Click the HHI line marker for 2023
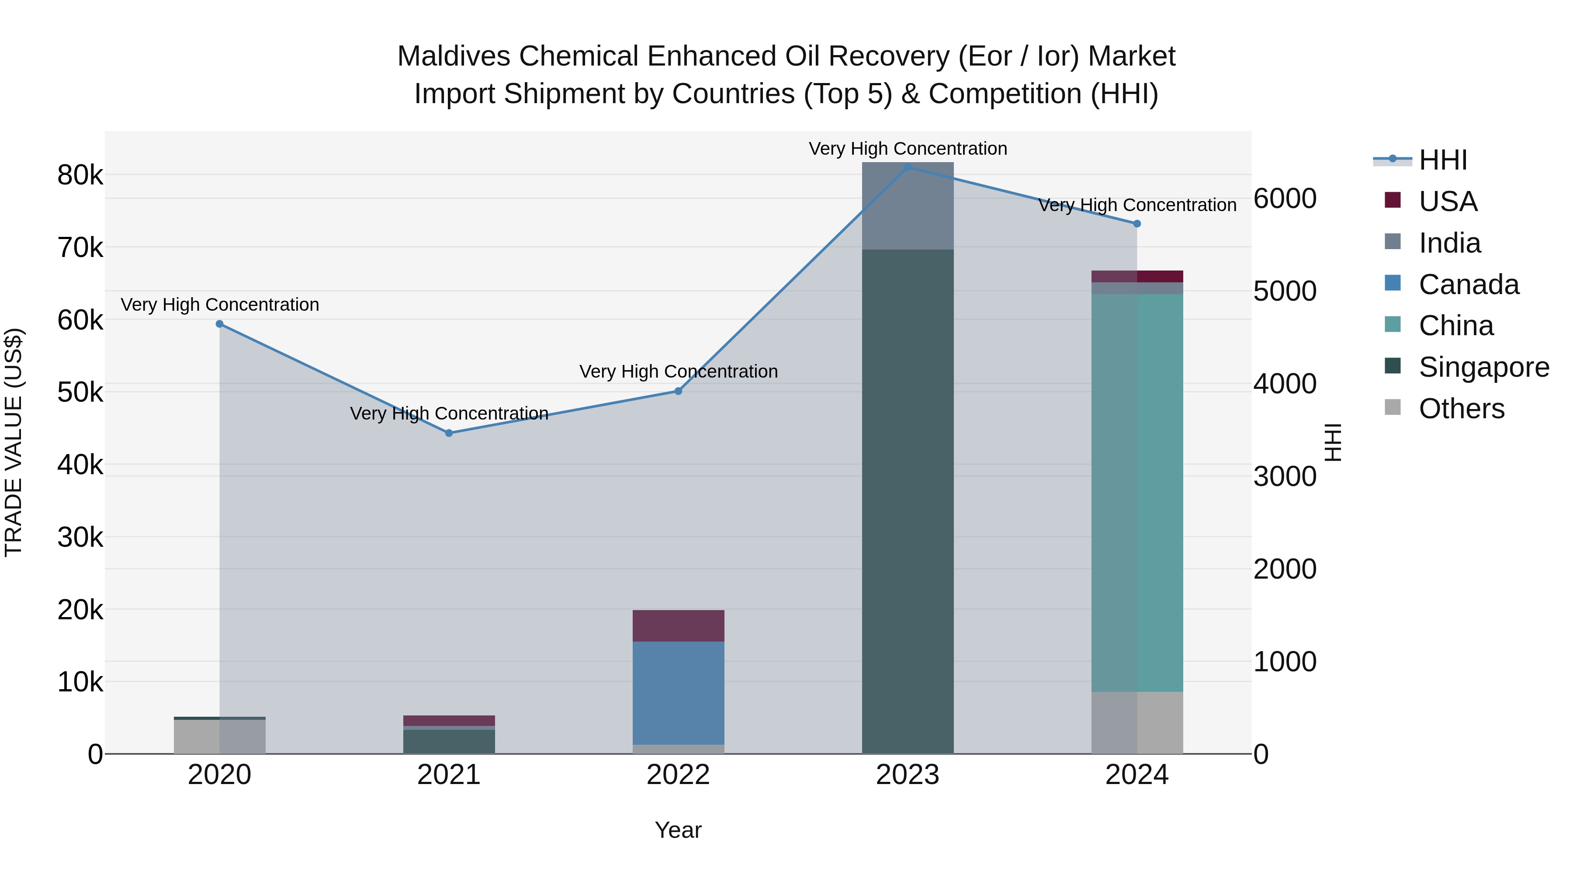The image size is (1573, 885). pyautogui.click(x=908, y=167)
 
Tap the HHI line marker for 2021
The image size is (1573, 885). pyautogui.click(x=449, y=433)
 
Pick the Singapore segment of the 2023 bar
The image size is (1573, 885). pyautogui.click(x=908, y=501)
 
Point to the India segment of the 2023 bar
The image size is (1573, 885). pyautogui.click(x=908, y=206)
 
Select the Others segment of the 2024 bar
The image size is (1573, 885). pyautogui.click(x=1137, y=722)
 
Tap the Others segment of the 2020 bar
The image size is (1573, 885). pyautogui.click(x=219, y=736)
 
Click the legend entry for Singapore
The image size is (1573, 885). pyautogui.click(x=1483, y=367)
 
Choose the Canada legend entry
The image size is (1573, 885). pyautogui.click(x=1468, y=285)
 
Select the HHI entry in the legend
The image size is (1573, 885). pyautogui.click(x=1442, y=160)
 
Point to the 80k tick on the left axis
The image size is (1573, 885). pyautogui.click(x=80, y=175)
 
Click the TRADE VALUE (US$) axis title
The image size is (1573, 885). pyautogui.click(x=14, y=442)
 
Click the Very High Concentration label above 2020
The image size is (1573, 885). pyautogui.click(x=220, y=304)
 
